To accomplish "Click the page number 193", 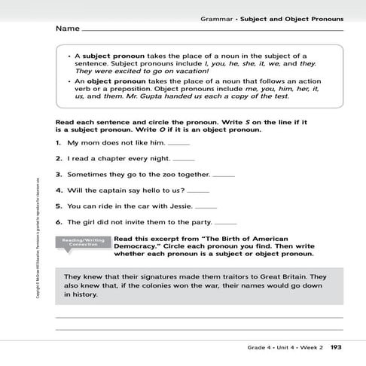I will pyautogui.click(x=336, y=347).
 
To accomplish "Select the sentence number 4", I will pyautogui.click(x=58, y=191).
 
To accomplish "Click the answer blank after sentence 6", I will pyautogui.click(x=225, y=223).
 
